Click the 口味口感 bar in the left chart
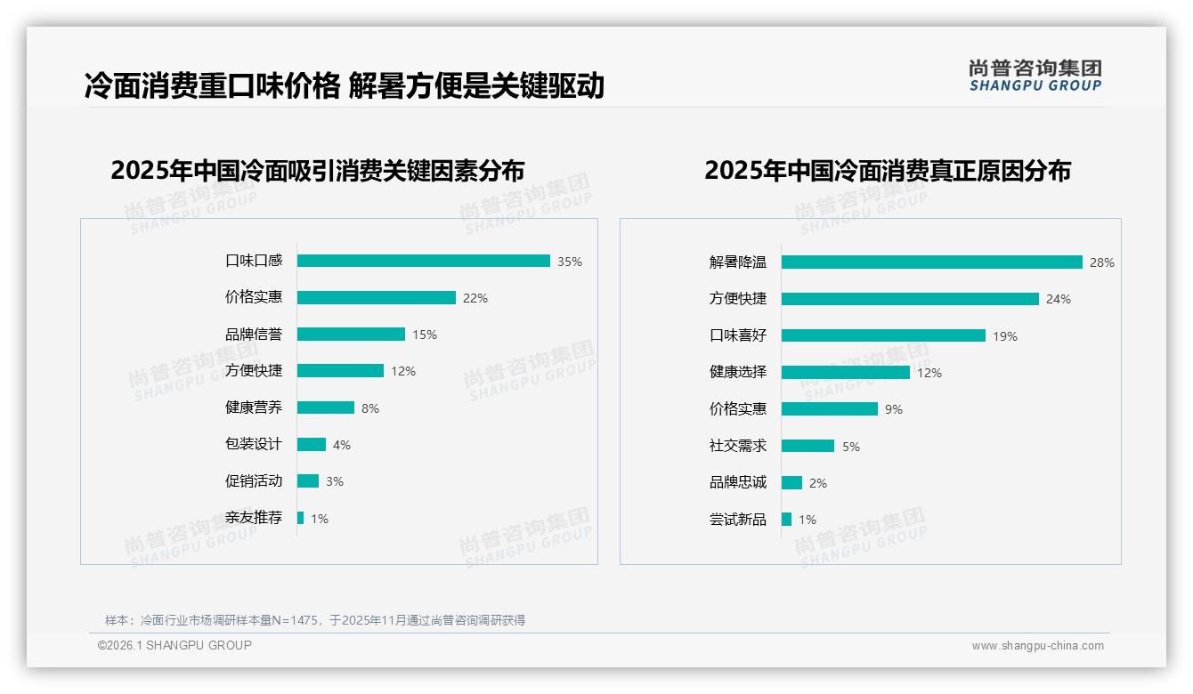coord(424,261)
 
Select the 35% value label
coord(570,262)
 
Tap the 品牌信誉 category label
coord(254,335)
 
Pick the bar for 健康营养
coord(326,408)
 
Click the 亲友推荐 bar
coord(301,518)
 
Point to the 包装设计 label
coord(254,444)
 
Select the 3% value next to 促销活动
coord(335,481)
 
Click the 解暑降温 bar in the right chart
coord(932,262)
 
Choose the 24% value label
coord(1059,299)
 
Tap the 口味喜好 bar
coord(883,335)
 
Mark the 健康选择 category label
coord(738,372)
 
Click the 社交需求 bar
coord(808,446)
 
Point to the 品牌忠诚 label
coord(738,482)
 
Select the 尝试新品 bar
coord(787,519)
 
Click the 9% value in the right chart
coord(894,409)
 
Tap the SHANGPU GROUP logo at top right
coord(1035,76)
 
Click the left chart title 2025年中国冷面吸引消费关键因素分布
coord(318,170)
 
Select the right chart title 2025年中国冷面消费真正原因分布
coord(888,170)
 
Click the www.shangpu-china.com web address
coord(1037,646)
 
